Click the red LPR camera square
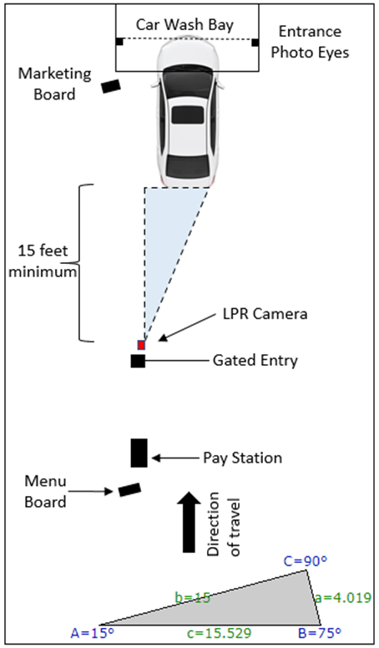coord(141,345)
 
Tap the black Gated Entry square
coord(138,361)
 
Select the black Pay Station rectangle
coord(139,453)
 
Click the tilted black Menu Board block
coord(129,489)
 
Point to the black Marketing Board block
coord(111,86)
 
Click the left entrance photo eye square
coord(119,41)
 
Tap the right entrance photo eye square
coord(255,42)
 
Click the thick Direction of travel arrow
coord(189,522)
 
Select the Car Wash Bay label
coord(184,25)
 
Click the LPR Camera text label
coord(265,314)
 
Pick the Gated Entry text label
coord(255,361)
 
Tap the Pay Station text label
coord(243,458)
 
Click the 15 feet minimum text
coord(43,261)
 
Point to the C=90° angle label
coord(305,561)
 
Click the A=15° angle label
coord(92,633)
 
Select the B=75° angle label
coord(320,633)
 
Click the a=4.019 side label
coord(342,598)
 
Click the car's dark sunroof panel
coord(188,115)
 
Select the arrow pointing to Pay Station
coord(175,458)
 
